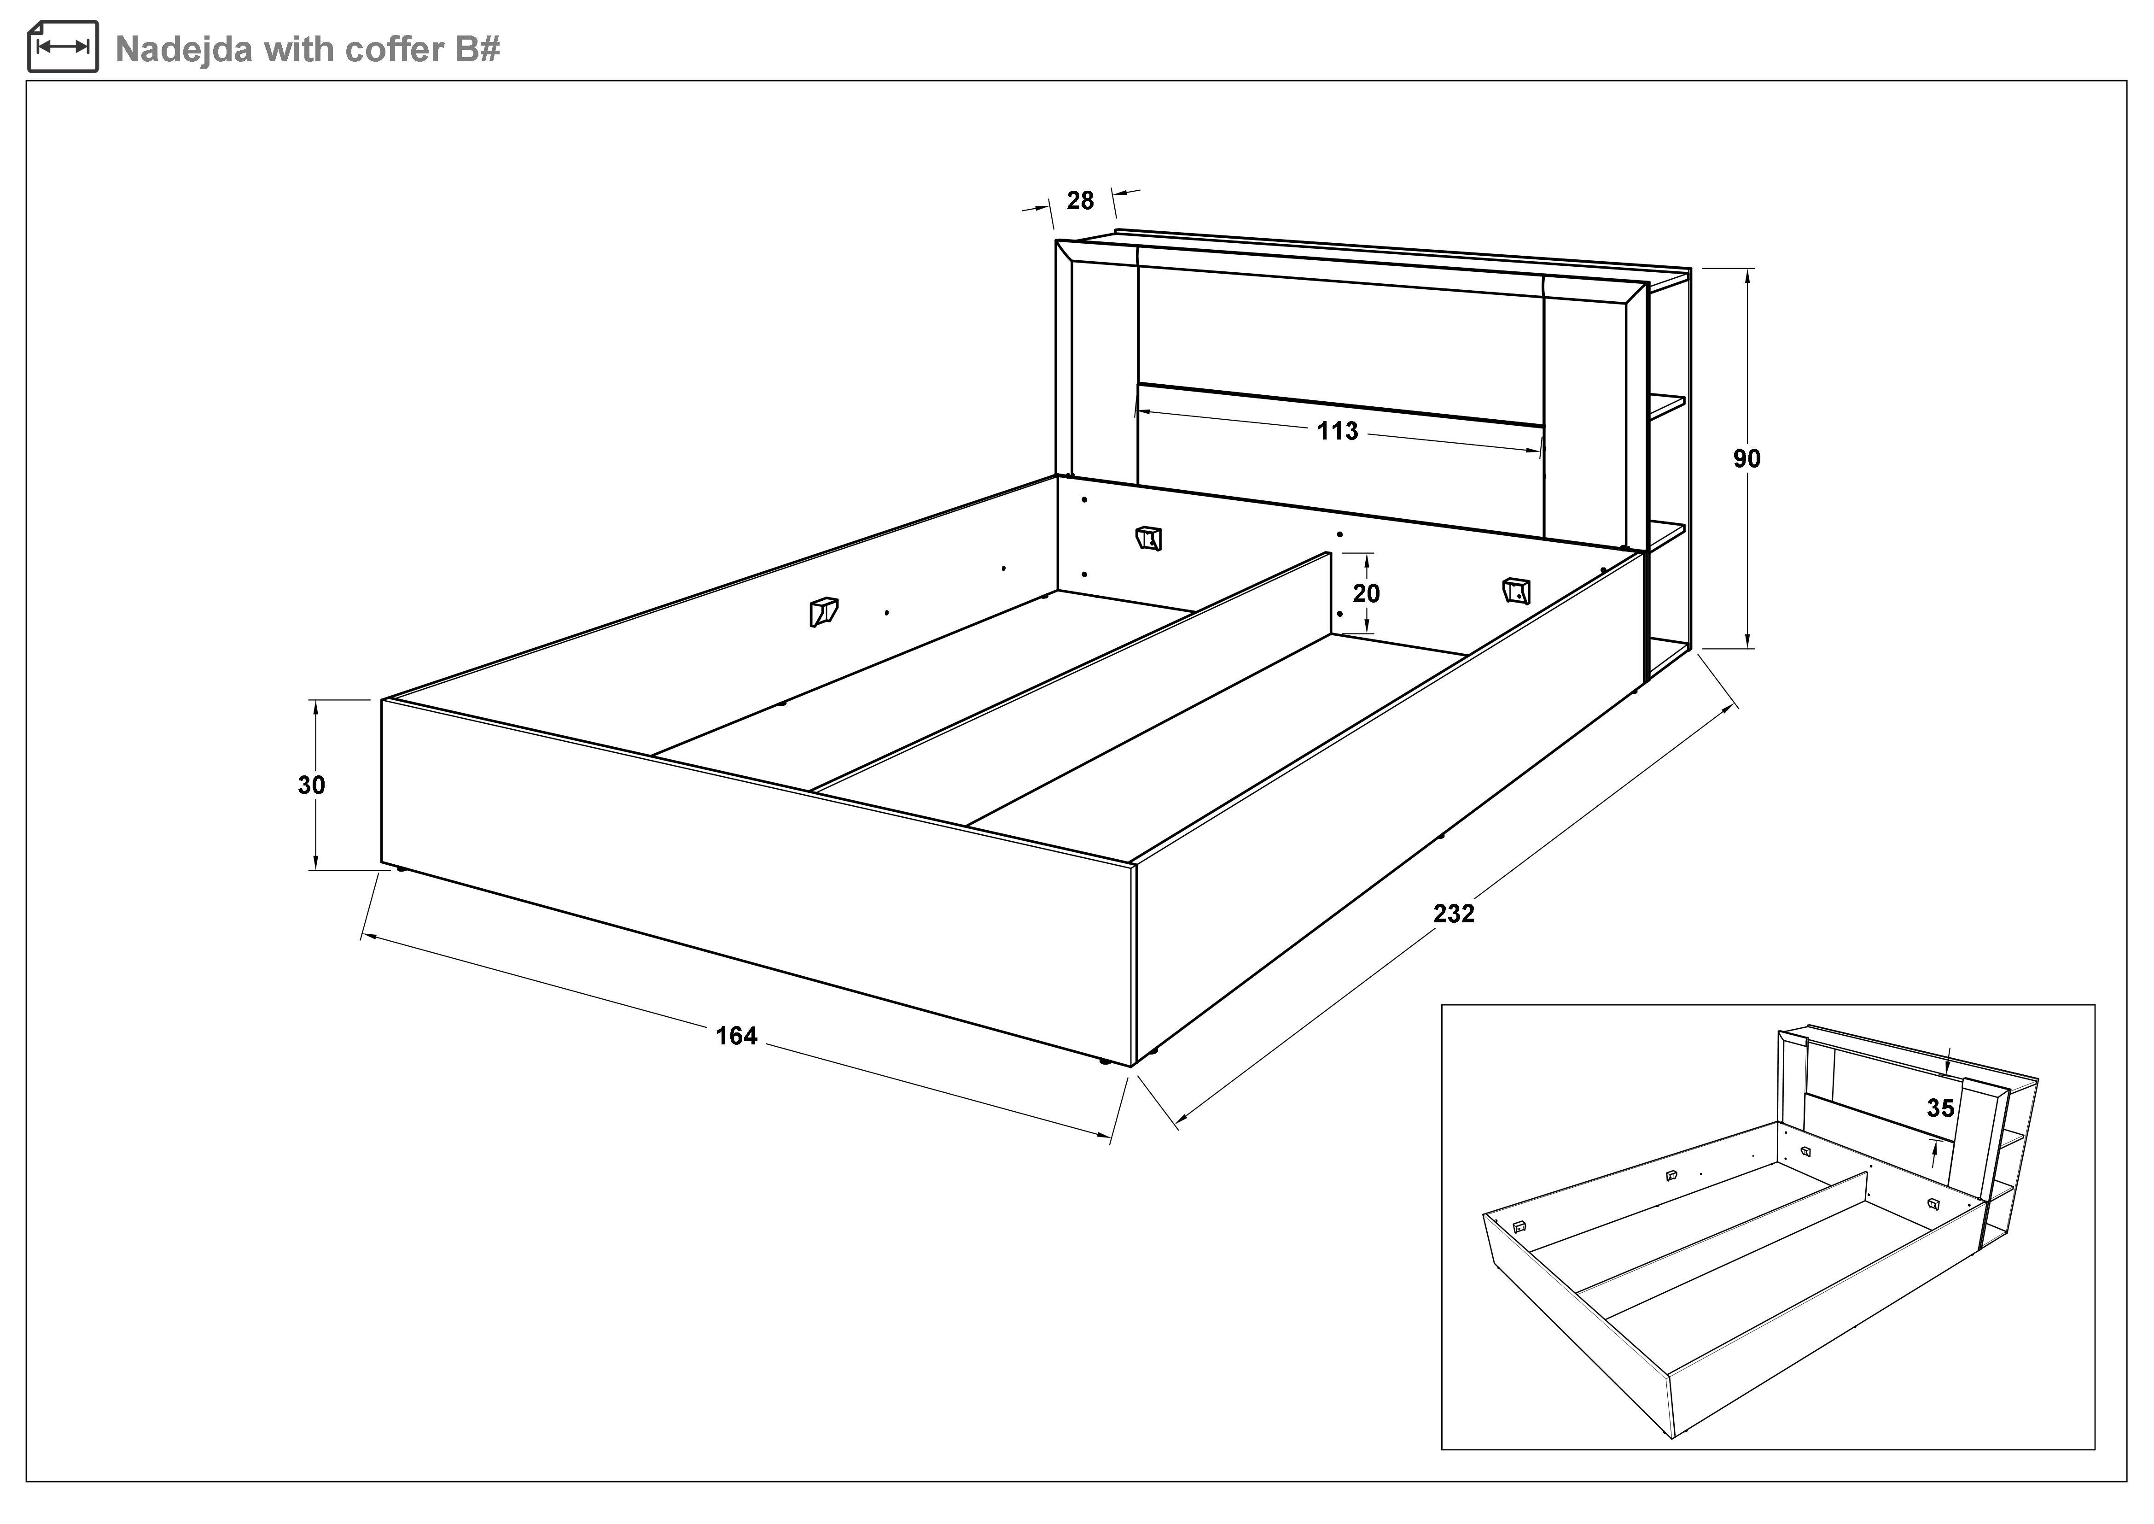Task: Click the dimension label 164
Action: point(736,1036)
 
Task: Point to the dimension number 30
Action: point(311,785)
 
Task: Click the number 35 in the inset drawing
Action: point(1940,1108)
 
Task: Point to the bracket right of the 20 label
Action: point(1516,590)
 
